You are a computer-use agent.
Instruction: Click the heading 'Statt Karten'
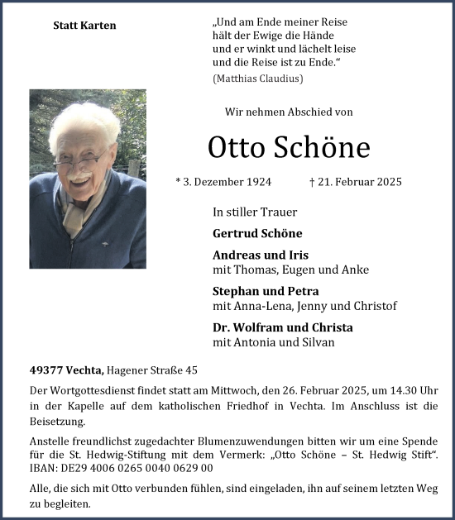(84, 26)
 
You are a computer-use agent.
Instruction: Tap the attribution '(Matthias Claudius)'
(258, 79)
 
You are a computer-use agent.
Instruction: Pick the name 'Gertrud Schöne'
(257, 233)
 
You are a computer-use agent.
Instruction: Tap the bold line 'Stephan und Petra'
(266, 292)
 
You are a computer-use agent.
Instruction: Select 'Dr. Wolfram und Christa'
(282, 327)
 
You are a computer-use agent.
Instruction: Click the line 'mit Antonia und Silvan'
(273, 342)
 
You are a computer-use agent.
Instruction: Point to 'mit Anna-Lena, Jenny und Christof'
(304, 306)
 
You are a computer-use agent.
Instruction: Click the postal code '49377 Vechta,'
(66, 370)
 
